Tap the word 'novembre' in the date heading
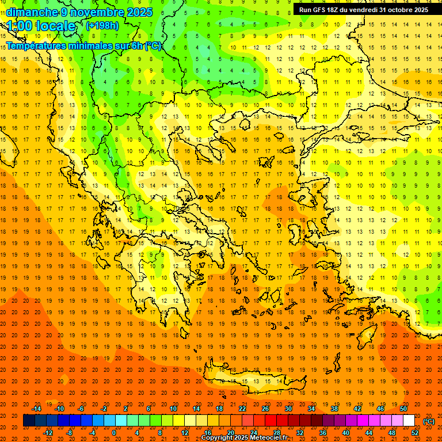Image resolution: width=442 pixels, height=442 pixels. coord(98,12)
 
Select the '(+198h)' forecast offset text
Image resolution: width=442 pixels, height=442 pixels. coord(103,25)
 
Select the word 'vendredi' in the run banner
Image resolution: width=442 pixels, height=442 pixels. coord(363,10)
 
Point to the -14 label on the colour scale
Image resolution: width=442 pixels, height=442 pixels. coord(36,409)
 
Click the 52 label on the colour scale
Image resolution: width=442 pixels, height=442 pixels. coord(415,433)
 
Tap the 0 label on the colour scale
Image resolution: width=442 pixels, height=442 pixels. coord(114,433)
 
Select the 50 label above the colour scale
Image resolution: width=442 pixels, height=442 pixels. coord(403,409)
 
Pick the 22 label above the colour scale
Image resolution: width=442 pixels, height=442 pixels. coord(242,409)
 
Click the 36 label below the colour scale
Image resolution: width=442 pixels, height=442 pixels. coord(323,433)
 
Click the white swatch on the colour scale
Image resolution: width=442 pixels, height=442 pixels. coord(409,421)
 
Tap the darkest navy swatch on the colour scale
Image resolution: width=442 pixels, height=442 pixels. coord(29,421)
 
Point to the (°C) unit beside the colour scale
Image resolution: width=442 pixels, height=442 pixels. coord(428,421)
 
